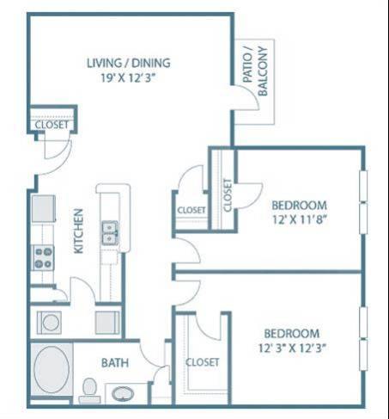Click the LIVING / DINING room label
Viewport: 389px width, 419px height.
(x=128, y=62)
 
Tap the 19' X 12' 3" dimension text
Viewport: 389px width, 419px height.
(x=128, y=76)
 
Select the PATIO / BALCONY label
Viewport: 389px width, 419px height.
(x=254, y=68)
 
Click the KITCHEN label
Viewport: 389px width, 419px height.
(x=78, y=230)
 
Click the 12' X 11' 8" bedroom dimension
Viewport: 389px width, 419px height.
(x=299, y=219)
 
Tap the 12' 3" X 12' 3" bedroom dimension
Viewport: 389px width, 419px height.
(x=291, y=348)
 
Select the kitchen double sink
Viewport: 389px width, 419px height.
(x=110, y=231)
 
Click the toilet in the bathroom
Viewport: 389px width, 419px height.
(x=88, y=390)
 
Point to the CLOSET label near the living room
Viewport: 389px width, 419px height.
(x=51, y=125)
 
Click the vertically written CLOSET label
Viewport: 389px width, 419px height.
(x=228, y=194)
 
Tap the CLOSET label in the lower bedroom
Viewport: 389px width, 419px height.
(x=203, y=361)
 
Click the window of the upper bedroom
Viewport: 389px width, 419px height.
(x=362, y=200)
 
